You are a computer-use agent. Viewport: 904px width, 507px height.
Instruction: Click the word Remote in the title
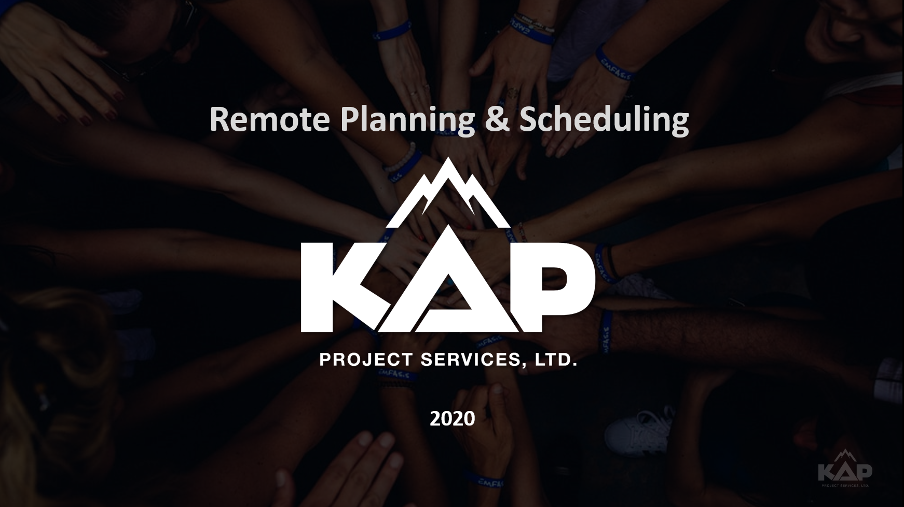[270, 119]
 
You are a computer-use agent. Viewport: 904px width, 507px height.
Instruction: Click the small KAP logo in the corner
[845, 469]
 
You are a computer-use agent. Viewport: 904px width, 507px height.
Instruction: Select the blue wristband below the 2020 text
[486, 477]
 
